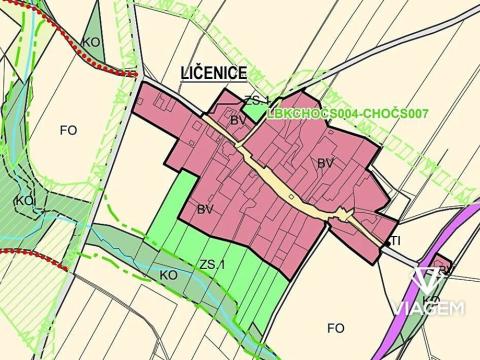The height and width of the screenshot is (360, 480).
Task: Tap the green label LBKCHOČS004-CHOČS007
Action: [x=348, y=114]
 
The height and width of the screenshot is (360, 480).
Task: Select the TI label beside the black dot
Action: [x=395, y=241]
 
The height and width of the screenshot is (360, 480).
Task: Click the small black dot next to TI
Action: [x=386, y=241]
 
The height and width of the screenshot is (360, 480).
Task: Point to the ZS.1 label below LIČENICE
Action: [x=255, y=100]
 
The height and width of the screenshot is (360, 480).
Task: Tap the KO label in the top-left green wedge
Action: [x=91, y=42]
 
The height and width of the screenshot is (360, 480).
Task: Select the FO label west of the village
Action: [x=68, y=130]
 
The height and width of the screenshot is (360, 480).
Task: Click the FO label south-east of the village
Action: [x=335, y=327]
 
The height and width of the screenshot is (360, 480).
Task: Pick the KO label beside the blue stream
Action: [x=169, y=274]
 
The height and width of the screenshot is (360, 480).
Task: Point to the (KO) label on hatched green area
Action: [x=25, y=201]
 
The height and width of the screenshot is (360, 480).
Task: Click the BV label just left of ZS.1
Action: [x=238, y=120]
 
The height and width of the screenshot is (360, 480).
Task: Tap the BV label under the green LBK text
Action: [x=325, y=162]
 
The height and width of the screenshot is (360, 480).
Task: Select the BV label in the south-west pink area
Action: [x=205, y=209]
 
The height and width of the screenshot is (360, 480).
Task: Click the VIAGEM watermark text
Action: [x=428, y=309]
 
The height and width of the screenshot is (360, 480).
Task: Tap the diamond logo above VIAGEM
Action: [x=429, y=281]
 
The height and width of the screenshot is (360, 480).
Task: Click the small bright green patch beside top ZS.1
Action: [x=257, y=113]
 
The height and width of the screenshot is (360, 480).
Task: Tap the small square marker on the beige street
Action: [x=290, y=197]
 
